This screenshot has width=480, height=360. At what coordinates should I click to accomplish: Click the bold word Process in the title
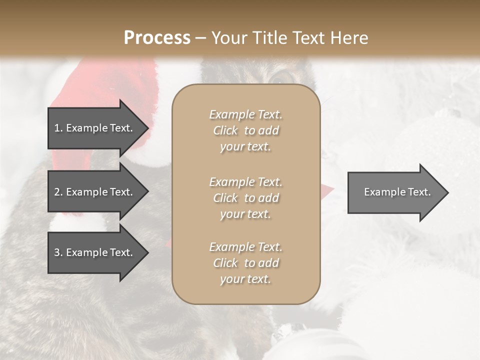(157, 38)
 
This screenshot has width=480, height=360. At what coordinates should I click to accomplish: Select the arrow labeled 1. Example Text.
(95, 128)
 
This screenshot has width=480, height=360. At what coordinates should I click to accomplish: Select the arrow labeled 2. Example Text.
(95, 192)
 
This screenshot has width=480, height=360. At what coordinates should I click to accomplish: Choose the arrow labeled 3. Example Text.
(95, 252)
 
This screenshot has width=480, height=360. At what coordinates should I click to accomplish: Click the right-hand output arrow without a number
(395, 192)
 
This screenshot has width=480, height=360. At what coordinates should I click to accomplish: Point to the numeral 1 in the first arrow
(57, 128)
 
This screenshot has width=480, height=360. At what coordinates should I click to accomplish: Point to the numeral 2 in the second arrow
(57, 192)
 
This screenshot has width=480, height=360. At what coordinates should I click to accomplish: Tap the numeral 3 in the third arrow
(57, 252)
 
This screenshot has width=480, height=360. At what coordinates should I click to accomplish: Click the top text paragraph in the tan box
(245, 130)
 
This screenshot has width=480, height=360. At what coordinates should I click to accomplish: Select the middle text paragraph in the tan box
(245, 198)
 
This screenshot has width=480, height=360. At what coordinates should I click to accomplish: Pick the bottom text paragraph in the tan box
(245, 263)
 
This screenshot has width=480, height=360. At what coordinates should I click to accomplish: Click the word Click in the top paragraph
(225, 130)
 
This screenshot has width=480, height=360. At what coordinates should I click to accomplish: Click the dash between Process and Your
(200, 38)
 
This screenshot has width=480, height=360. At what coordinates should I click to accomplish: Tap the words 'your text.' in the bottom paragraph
(245, 279)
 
